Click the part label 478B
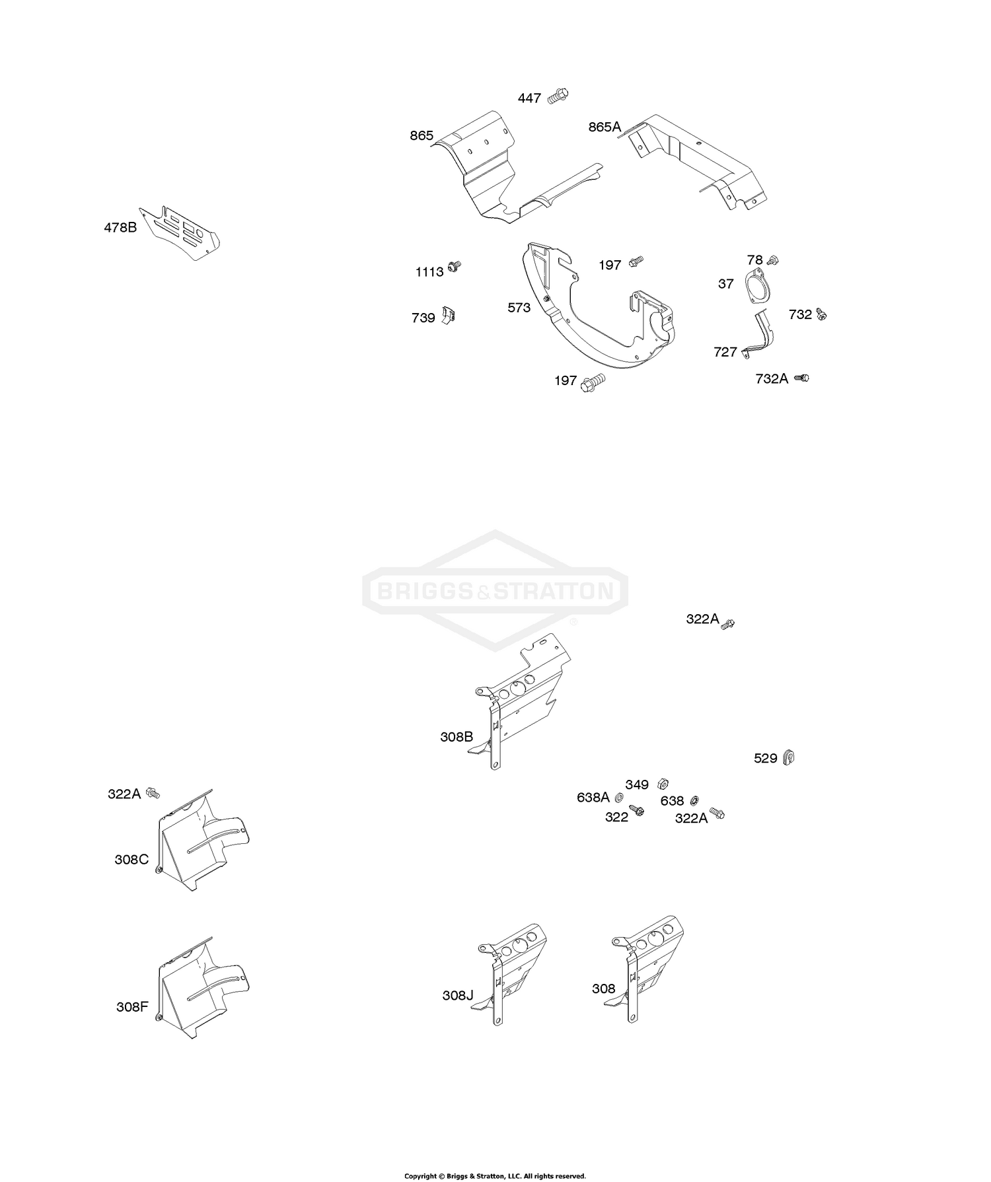(x=120, y=228)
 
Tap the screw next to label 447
(x=558, y=96)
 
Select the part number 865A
(x=605, y=127)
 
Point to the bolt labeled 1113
(x=453, y=266)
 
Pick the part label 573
(x=519, y=308)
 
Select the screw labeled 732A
(x=801, y=378)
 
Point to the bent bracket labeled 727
(x=762, y=337)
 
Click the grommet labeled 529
(x=788, y=757)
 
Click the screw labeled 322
(x=637, y=810)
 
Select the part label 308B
(x=457, y=737)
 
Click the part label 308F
(x=132, y=1007)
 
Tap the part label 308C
(x=131, y=860)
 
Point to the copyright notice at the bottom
(x=495, y=1175)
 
